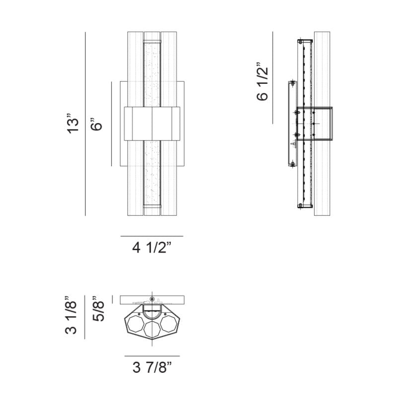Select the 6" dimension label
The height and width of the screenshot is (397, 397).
[96, 124]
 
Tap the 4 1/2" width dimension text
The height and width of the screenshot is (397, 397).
[152, 247]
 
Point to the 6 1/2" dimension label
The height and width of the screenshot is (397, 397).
[263, 81]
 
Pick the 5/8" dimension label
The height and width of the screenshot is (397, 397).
[98, 308]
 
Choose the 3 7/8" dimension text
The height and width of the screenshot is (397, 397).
[152, 367]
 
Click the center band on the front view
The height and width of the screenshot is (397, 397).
[152, 124]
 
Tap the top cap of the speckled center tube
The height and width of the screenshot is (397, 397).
[152, 41]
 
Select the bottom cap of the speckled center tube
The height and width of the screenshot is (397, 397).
[152, 206]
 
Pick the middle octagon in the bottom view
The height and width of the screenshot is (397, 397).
[152, 329]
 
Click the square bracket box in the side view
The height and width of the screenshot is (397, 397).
[315, 124]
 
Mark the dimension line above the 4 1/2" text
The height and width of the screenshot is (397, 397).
[152, 236]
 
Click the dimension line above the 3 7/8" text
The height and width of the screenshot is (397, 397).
[152, 356]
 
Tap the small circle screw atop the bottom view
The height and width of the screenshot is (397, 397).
[152, 299]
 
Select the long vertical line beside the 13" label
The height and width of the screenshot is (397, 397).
[85, 124]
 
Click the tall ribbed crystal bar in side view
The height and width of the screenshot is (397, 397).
[322, 124]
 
